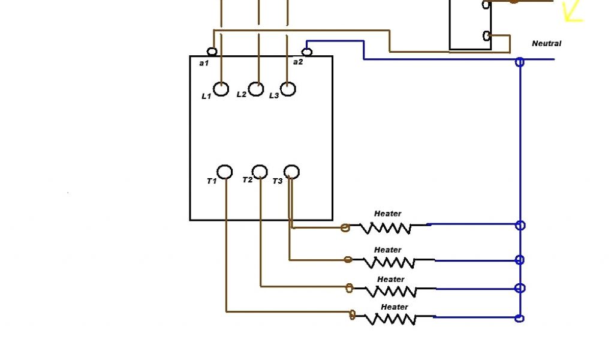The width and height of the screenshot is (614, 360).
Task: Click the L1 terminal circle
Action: [221, 89]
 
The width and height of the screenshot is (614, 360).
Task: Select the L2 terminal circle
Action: [256, 89]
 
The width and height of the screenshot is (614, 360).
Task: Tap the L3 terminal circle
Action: [288, 89]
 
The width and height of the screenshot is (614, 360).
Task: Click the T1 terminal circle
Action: [225, 172]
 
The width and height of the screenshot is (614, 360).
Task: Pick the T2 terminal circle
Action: [260, 172]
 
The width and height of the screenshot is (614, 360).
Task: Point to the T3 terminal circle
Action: [291, 172]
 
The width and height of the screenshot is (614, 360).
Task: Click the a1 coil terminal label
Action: [203, 62]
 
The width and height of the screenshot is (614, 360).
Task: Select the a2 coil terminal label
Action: [298, 62]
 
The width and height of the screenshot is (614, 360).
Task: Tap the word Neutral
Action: [546, 44]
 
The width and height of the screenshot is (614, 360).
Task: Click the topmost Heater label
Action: [387, 214]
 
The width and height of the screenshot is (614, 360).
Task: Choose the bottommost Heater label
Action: [395, 307]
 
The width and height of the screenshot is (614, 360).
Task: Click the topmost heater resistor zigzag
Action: [386, 228]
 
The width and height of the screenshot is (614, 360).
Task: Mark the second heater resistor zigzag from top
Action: [389, 262]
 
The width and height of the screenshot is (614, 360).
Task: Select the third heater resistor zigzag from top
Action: [390, 291]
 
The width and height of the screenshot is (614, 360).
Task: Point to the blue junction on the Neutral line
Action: [520, 61]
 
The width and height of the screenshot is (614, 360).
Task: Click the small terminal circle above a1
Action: [212, 52]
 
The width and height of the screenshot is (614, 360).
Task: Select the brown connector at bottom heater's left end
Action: [353, 314]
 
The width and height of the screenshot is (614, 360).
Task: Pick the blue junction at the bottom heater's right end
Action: [520, 319]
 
